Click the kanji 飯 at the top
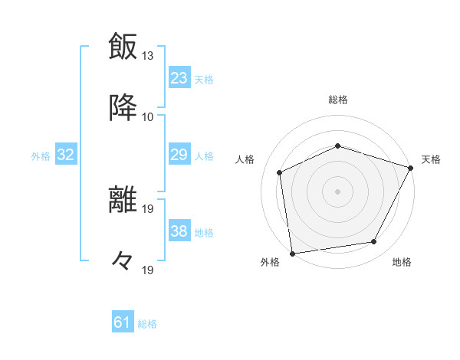coord(123,46)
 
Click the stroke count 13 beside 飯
coord(148,56)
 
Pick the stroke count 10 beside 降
coord(148,116)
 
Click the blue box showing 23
coord(179,77)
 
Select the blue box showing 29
coord(179,155)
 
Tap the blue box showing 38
coord(179,231)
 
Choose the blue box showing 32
coord(66,155)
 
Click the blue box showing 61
coord(123,322)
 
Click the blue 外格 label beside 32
coord(41,156)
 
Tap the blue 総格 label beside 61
coord(147,324)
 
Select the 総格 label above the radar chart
coord(338,100)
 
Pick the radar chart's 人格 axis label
coord(245,159)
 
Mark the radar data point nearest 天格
coord(411,168)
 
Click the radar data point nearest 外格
coord(292,253)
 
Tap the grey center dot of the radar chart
coord(338,191)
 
